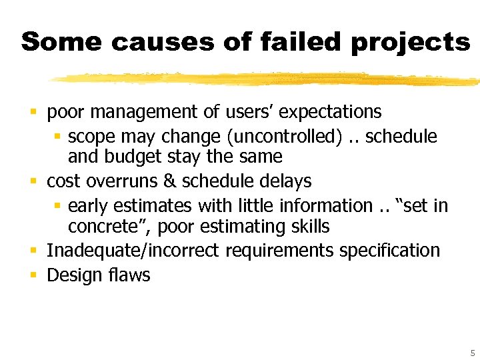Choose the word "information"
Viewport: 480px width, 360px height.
click(325, 205)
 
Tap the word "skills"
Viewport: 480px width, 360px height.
click(309, 226)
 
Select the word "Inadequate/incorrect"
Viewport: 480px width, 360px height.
click(133, 251)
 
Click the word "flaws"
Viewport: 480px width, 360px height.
click(127, 275)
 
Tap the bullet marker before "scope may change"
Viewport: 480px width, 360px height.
click(57, 137)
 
